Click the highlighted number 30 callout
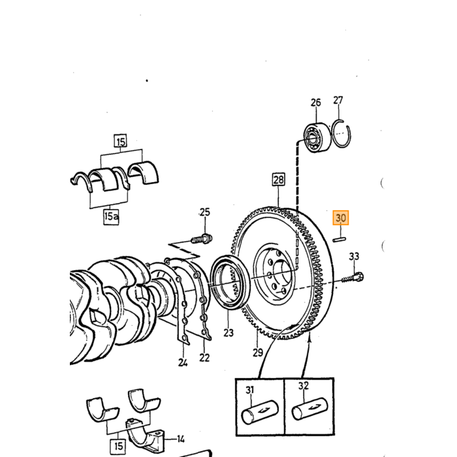point(341,217)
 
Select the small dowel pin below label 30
point(339,240)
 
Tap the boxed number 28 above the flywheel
point(278,180)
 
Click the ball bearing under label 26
point(317,137)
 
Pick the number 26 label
point(315,102)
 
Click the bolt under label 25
point(202,240)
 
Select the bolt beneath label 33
point(353,277)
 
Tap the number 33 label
point(354,256)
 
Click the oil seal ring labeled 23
point(230,282)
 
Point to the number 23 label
point(228,332)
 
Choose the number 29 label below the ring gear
point(258,353)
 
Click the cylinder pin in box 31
point(260,412)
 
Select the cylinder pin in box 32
point(309,409)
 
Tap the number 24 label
point(183,362)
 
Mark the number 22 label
point(204,358)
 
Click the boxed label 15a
point(111,217)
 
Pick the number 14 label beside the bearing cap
point(181,439)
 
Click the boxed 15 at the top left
point(121,142)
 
